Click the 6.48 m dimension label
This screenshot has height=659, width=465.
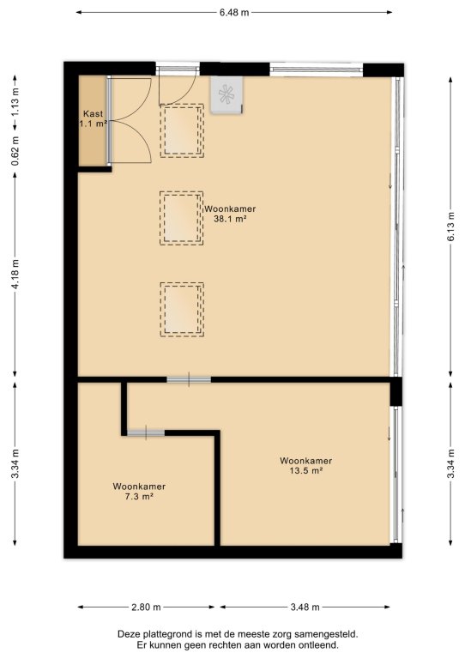click(x=234, y=13)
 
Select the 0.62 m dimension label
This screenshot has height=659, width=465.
click(x=15, y=150)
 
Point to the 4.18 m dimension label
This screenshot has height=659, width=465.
click(x=15, y=274)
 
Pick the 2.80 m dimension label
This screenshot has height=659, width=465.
click(x=146, y=607)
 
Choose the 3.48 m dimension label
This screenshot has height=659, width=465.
click(x=305, y=607)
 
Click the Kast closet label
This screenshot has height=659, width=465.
click(x=93, y=114)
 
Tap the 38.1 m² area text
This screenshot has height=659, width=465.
click(x=230, y=219)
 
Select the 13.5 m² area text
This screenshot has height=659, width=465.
click(x=305, y=471)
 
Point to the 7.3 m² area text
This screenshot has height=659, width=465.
click(x=139, y=496)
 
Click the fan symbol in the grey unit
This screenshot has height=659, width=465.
click(x=226, y=94)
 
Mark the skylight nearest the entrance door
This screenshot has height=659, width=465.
click(x=182, y=130)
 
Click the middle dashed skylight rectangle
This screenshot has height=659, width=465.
click(x=182, y=218)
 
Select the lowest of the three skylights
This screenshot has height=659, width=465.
click(x=182, y=309)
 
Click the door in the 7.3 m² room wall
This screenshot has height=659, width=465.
click(x=146, y=432)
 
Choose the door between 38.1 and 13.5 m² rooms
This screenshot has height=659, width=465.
click(x=189, y=379)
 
